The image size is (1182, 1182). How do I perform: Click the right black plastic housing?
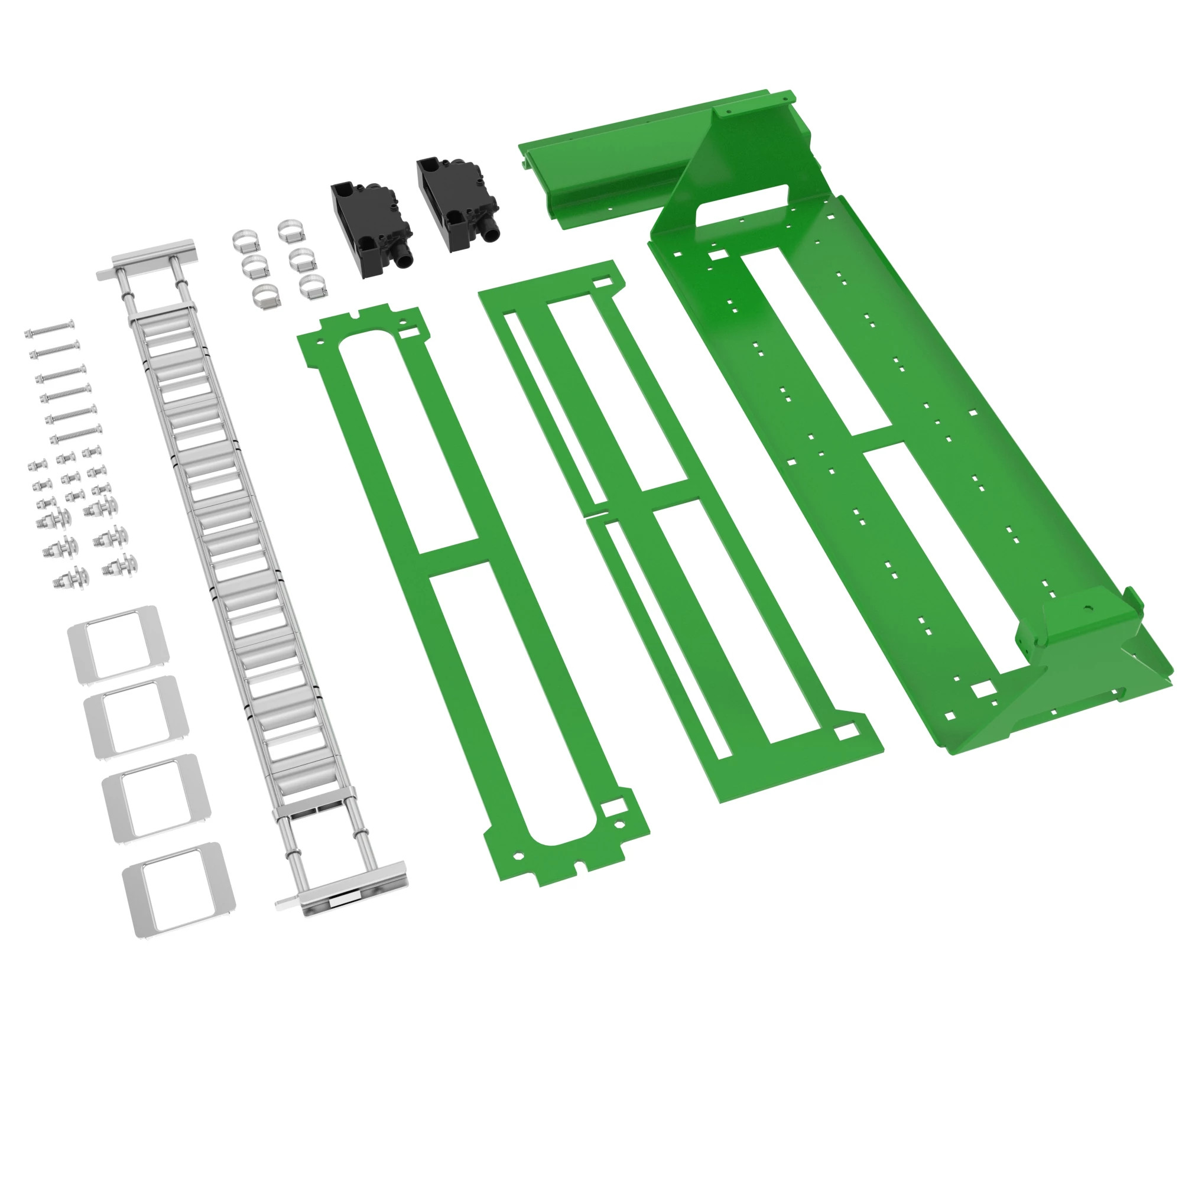point(453,202)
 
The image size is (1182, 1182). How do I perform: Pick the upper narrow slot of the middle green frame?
point(554,407)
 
